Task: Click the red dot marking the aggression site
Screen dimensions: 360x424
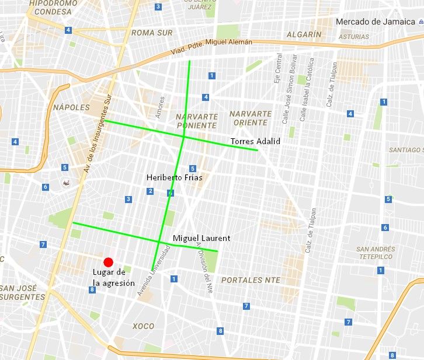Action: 108,262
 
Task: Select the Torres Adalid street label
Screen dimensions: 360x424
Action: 255,142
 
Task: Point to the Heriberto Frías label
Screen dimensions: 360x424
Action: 174,177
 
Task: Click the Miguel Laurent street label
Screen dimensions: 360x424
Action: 201,238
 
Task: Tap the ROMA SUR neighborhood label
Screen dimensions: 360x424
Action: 152,33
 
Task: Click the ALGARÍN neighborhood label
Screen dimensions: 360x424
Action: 304,35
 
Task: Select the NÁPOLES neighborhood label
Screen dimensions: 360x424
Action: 71,107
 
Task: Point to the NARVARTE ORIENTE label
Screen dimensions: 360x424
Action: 251,118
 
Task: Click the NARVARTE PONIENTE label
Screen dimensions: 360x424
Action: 197,121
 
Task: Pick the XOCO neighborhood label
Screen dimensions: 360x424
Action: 144,326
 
